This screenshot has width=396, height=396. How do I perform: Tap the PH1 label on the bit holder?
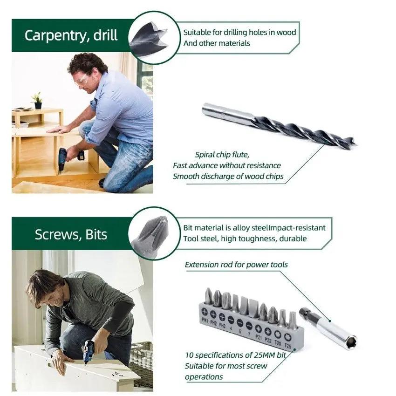click(x=205, y=321)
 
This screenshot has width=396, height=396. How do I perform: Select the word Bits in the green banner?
click(x=96, y=234)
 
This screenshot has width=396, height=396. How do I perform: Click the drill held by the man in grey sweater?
click(x=88, y=351)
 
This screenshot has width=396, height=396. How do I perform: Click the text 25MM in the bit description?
click(x=259, y=355)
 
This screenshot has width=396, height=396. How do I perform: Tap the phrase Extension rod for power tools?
click(x=236, y=265)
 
